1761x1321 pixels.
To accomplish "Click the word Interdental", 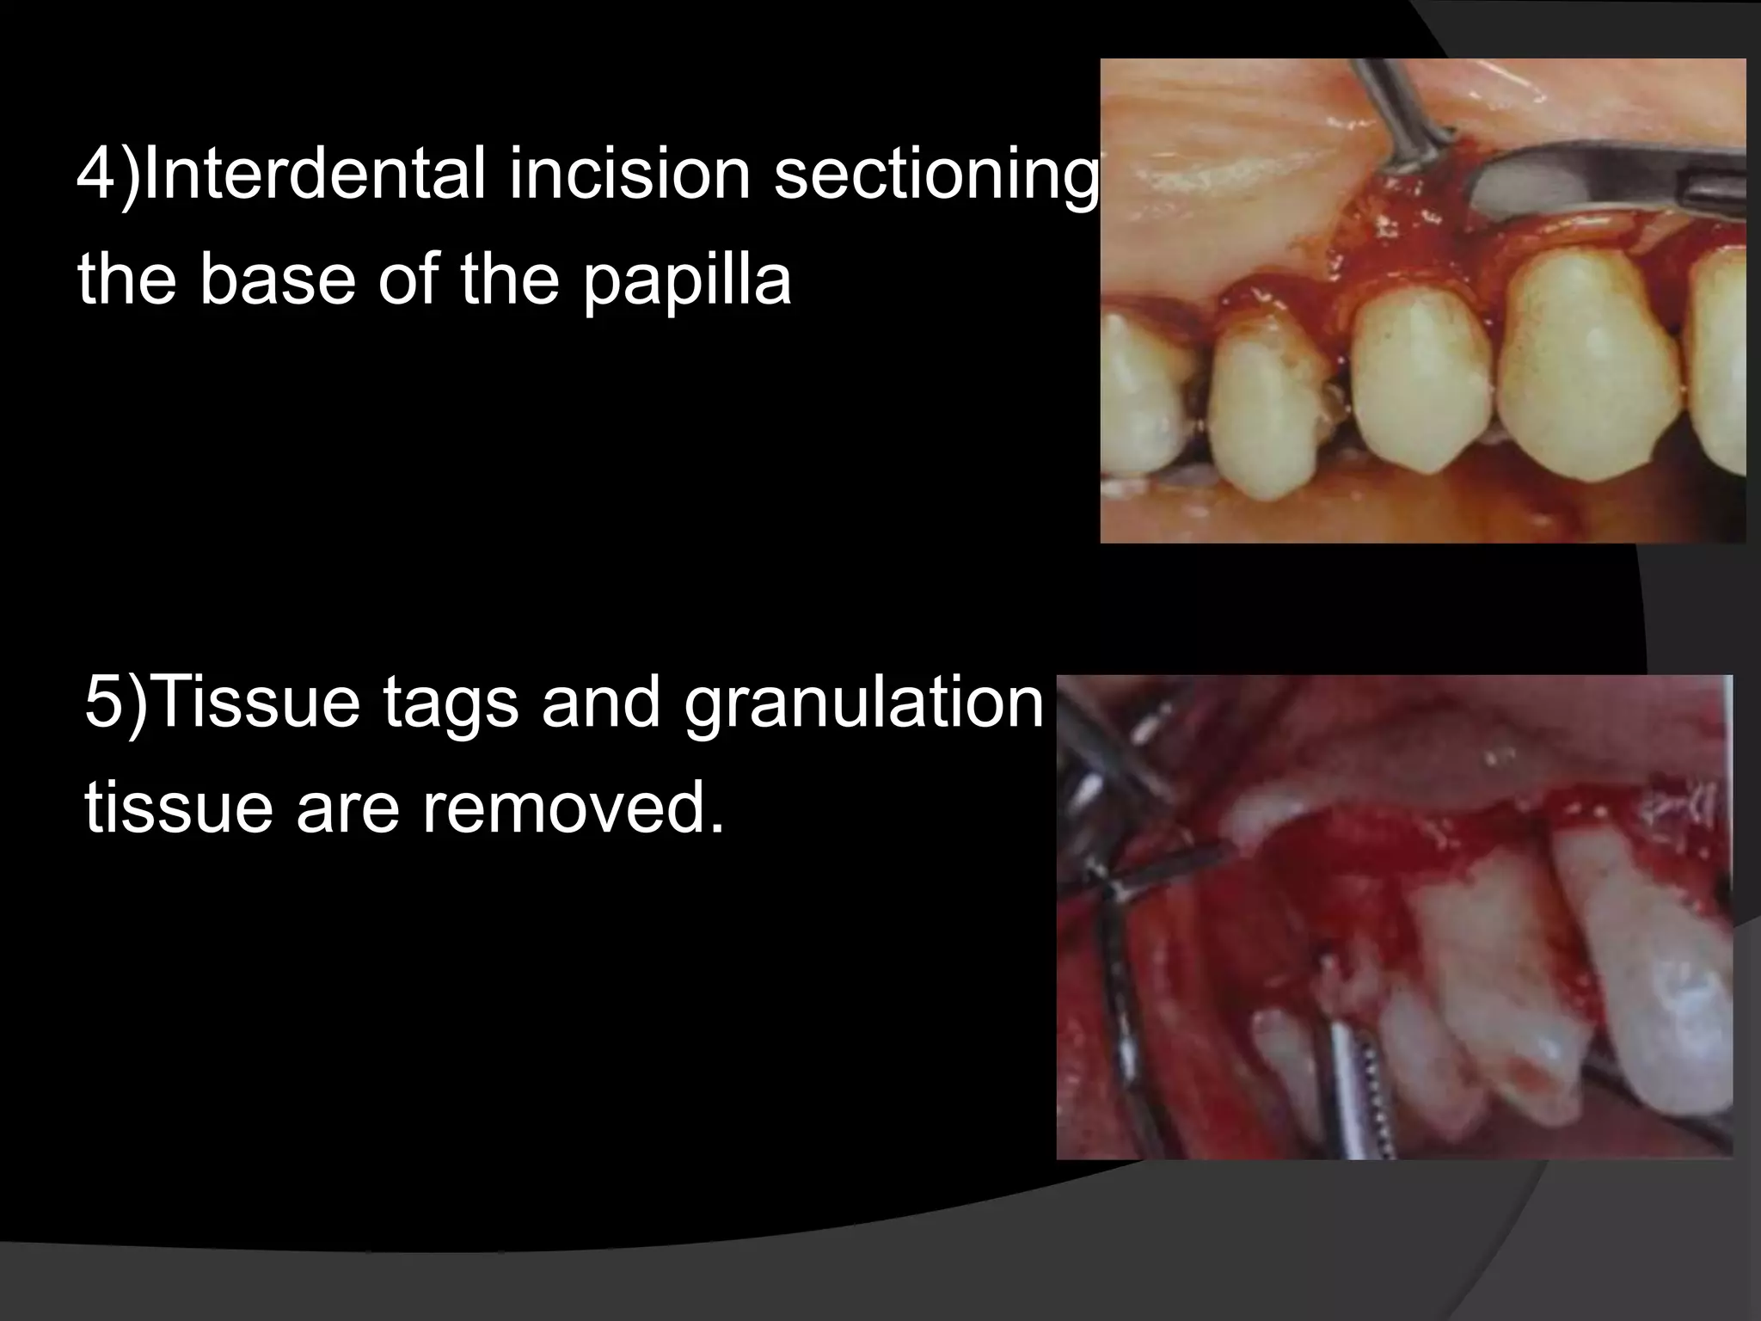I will [x=313, y=174].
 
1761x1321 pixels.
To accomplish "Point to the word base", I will [x=279, y=280].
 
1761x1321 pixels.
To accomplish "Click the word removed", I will [x=571, y=808].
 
